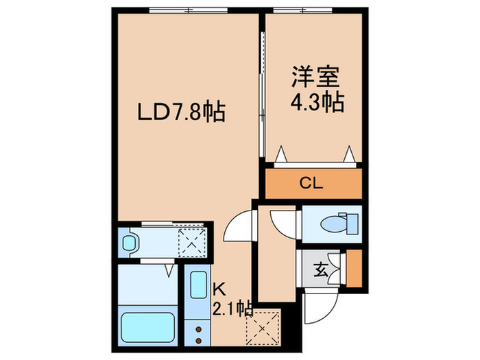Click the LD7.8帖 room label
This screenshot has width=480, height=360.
pyautogui.click(x=182, y=111)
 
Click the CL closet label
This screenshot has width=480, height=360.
pyautogui.click(x=313, y=183)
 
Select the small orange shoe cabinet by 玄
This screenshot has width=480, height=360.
pyautogui.click(x=354, y=268)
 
